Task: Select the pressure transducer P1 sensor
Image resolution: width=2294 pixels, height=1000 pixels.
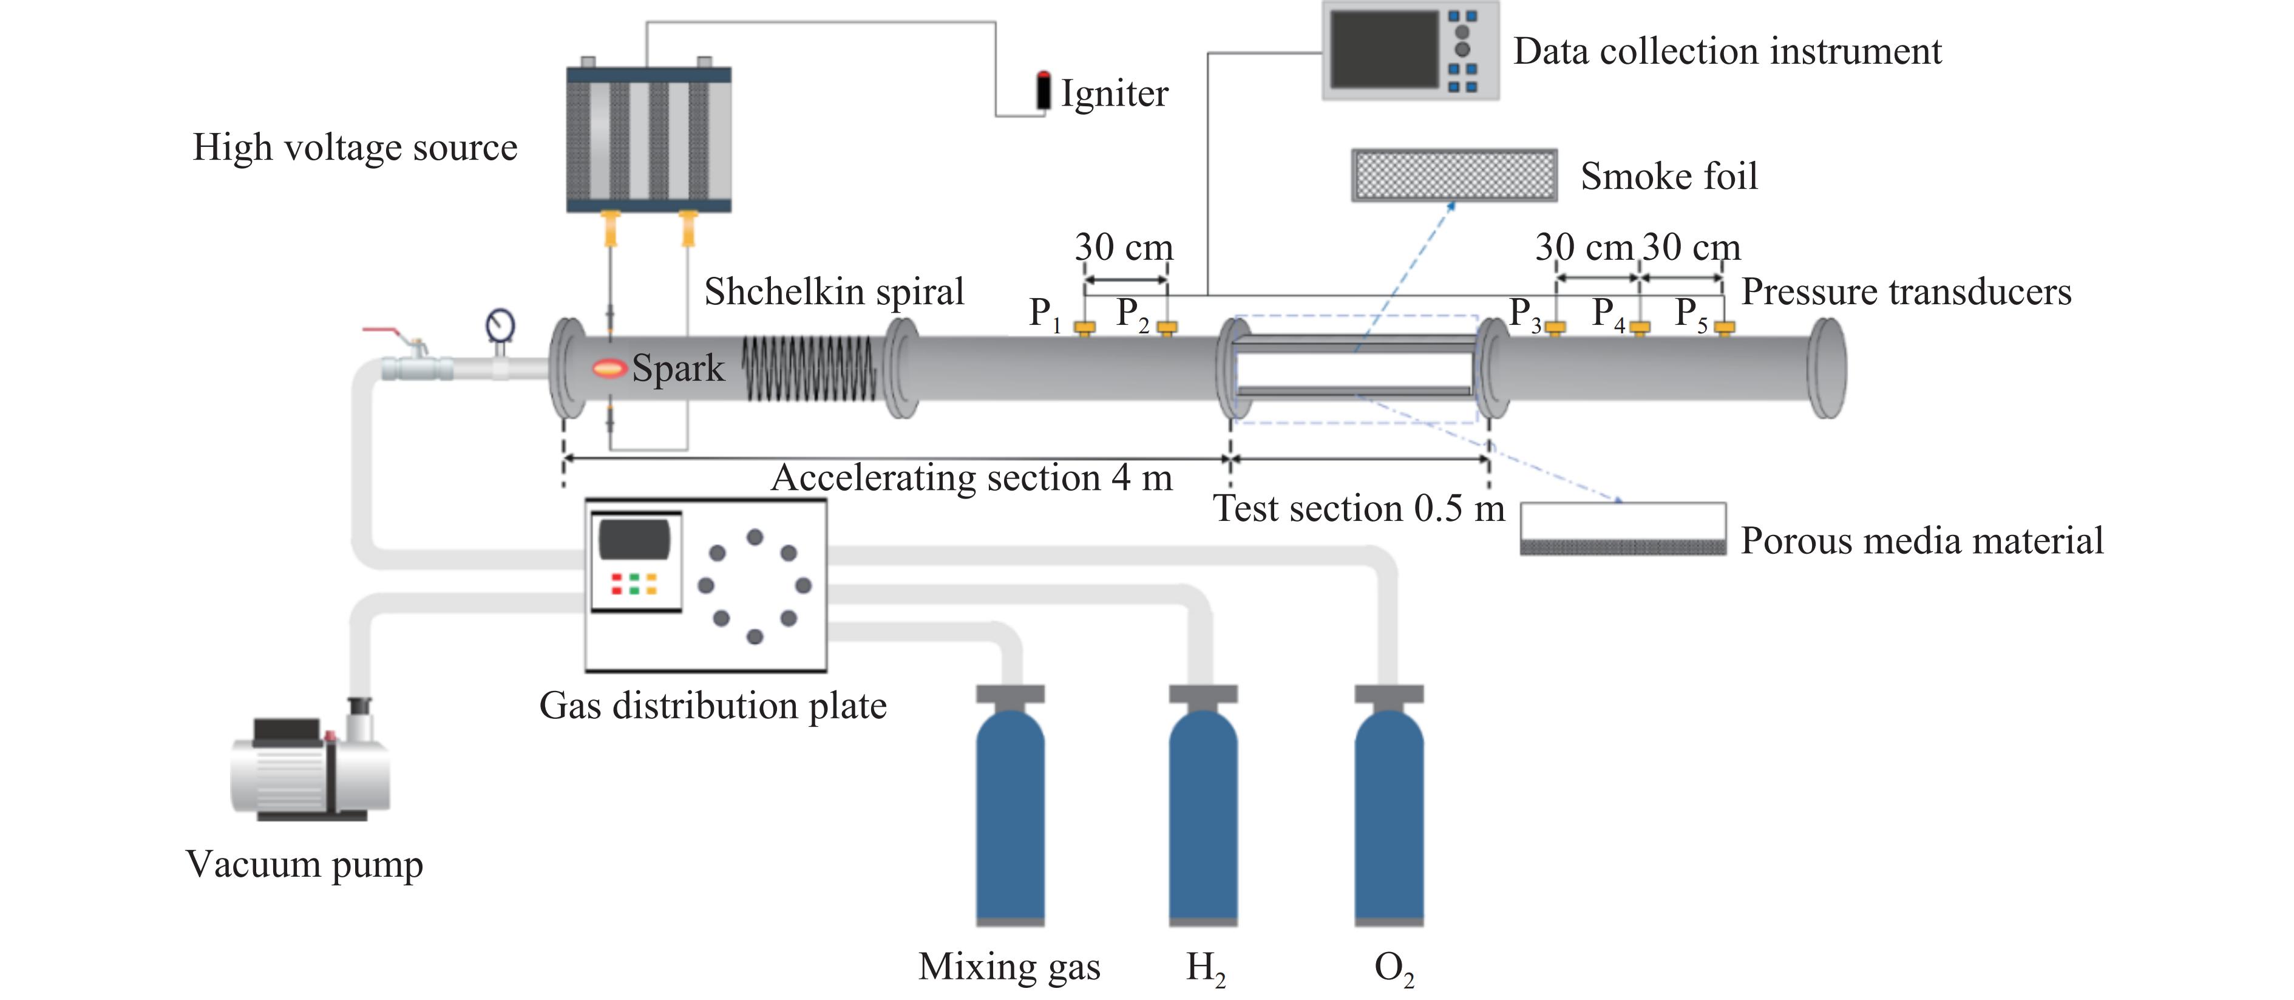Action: pos(1084,328)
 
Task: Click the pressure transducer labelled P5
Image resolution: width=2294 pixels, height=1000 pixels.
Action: pos(1724,328)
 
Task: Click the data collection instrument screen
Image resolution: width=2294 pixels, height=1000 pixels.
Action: pos(1383,50)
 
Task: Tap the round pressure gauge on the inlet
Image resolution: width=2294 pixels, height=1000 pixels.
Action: pos(500,325)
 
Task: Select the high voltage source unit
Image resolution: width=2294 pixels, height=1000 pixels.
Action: pos(648,140)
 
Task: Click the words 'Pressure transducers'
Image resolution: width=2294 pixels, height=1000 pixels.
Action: pos(1905,292)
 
